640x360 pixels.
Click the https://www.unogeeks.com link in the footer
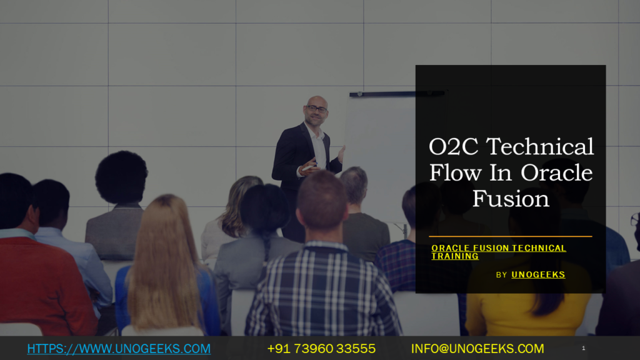(119, 349)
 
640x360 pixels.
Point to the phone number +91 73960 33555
(321, 349)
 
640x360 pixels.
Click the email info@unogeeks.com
(477, 349)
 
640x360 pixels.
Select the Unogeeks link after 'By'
(538, 274)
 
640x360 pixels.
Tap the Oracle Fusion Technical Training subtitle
(498, 252)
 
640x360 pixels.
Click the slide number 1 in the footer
(583, 348)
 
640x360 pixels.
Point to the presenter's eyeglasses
(317, 109)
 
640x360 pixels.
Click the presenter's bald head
(317, 101)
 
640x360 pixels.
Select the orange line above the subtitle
(511, 237)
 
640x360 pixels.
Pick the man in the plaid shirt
(322, 287)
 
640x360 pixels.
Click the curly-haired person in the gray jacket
(119, 212)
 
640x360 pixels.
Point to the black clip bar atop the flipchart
(396, 94)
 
